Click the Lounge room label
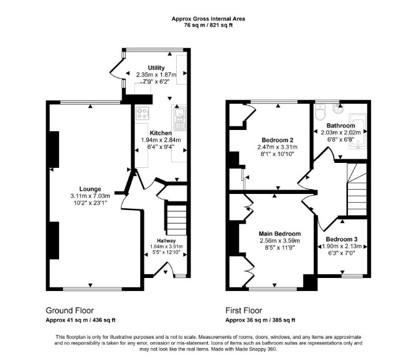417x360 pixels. point(90,189)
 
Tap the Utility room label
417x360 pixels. point(156,68)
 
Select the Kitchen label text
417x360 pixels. point(161,133)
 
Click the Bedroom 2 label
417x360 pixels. point(278,140)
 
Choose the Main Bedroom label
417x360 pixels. point(280,234)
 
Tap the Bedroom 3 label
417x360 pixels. point(342,239)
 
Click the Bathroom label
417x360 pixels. point(340,126)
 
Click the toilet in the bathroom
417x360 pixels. point(320,112)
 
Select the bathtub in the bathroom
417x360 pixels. point(358,131)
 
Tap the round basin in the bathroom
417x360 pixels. point(339,109)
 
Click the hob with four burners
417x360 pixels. point(142,113)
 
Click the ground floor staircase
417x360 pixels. point(176,218)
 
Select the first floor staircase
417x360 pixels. point(357,190)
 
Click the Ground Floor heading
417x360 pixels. point(70,310)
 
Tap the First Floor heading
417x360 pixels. point(244,310)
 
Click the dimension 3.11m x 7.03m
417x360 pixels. point(90,196)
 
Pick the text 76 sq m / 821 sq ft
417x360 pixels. point(208,25)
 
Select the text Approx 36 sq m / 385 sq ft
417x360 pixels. point(260,320)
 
